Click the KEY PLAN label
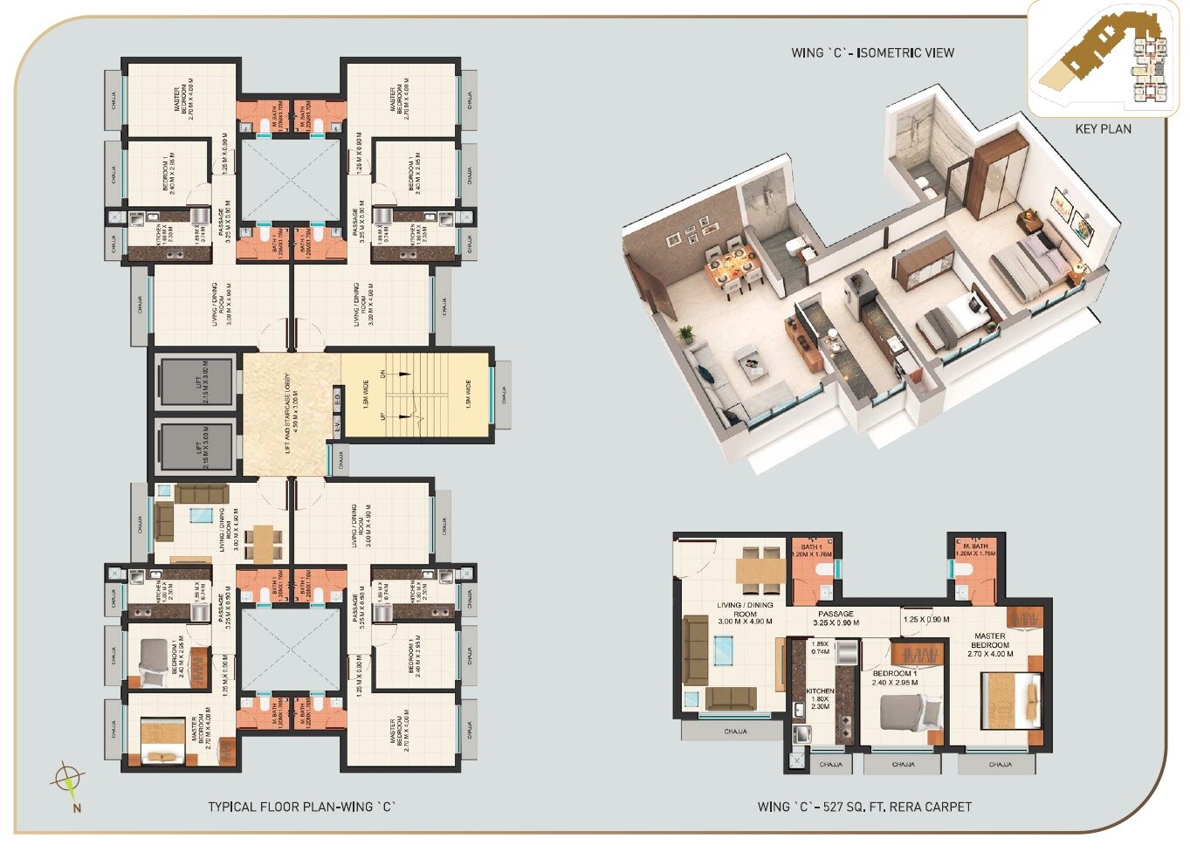(x=1103, y=129)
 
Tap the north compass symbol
(x=68, y=778)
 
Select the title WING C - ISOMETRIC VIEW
(x=872, y=53)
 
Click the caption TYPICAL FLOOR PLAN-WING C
(x=301, y=807)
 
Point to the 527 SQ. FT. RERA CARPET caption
(x=863, y=807)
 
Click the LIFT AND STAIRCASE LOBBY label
(x=287, y=414)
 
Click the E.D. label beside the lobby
(x=337, y=400)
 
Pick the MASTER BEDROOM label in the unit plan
(x=990, y=645)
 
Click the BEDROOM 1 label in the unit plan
(x=895, y=677)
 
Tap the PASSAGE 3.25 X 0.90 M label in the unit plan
(x=836, y=618)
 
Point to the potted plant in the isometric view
(x=685, y=334)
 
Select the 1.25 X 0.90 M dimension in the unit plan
(x=926, y=619)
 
